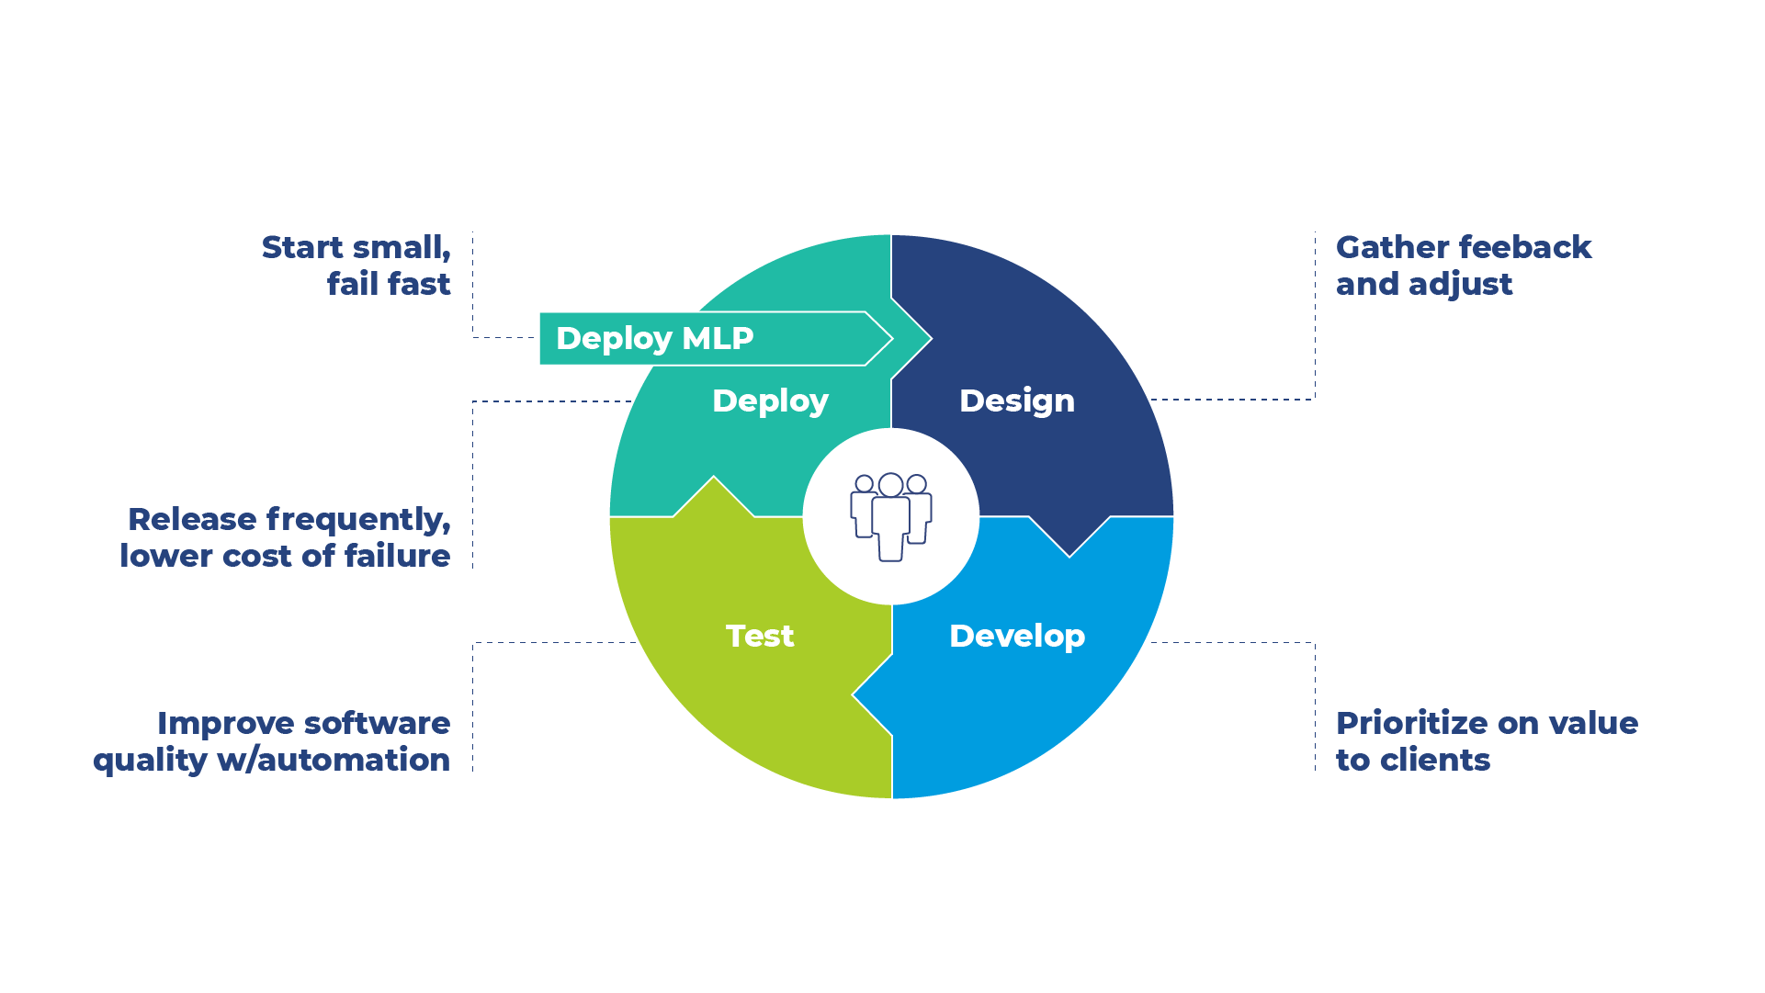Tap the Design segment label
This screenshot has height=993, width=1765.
click(1016, 401)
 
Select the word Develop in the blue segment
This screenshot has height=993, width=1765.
click(1016, 636)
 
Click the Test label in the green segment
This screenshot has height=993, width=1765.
click(759, 636)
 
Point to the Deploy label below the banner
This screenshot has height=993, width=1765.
click(770, 401)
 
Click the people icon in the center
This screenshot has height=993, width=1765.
click(890, 516)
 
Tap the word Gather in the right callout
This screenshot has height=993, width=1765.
click(1390, 248)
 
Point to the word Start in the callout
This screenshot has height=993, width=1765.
click(302, 248)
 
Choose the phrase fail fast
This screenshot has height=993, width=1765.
click(389, 284)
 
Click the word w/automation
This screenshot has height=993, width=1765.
click(334, 760)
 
